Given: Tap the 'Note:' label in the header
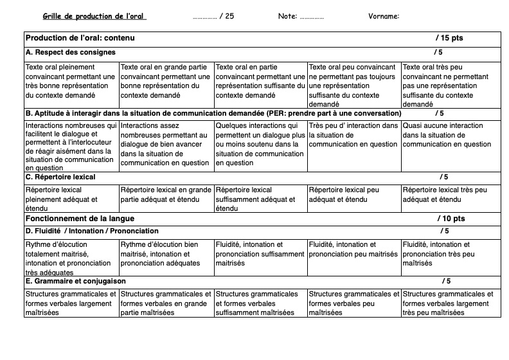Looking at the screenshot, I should point(287,16).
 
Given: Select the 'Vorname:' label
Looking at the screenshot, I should point(384,16).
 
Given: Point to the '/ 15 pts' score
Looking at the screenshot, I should point(449,39).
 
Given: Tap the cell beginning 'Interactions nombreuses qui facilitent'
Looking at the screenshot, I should point(71,147).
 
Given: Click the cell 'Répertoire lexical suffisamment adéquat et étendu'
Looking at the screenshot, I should point(260,199).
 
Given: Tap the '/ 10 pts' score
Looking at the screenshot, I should point(451,219).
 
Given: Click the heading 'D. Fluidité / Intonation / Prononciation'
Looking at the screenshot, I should point(92,231).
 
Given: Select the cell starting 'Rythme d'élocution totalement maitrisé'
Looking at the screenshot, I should point(71,258).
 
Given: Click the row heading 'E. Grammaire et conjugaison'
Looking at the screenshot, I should point(75,281).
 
